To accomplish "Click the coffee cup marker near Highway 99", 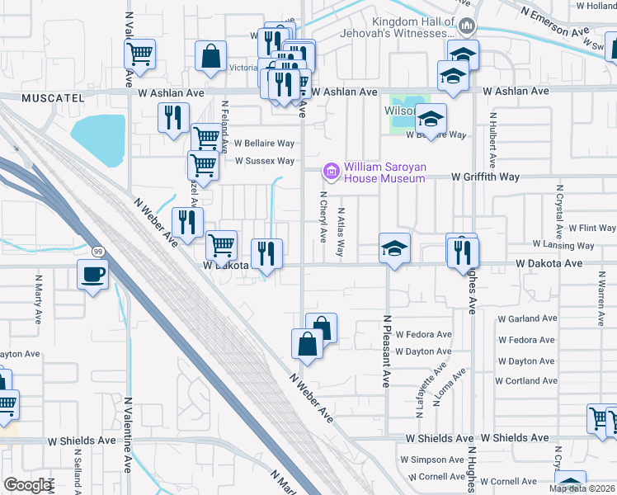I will point(92,274).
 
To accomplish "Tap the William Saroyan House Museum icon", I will point(332,172).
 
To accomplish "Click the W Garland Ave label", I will point(529,318).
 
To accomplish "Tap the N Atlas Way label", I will point(340,231).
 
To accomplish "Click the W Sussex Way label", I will point(264,161).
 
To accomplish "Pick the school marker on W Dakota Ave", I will point(395,247).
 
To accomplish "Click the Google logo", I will point(27,485).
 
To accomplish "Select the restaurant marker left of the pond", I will point(172,117).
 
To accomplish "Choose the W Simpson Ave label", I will point(432,459).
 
